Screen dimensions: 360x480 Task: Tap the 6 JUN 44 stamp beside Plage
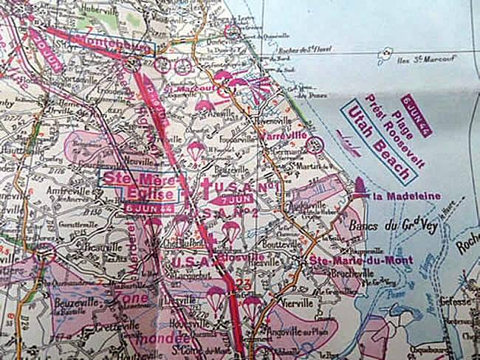[x=418, y=116]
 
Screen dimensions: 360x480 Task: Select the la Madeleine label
[x=407, y=196]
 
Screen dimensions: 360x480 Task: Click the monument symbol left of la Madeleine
[x=359, y=189]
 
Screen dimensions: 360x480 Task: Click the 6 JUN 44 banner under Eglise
[x=150, y=209]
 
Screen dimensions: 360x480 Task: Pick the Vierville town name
[x=298, y=302]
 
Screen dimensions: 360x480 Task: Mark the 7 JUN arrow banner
[x=230, y=199]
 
